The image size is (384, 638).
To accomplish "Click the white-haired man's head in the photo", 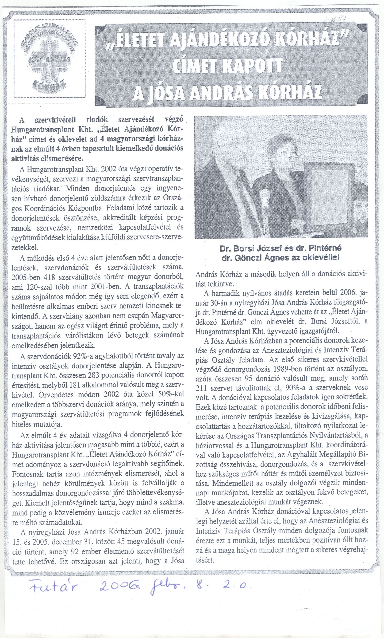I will point(227,145).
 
